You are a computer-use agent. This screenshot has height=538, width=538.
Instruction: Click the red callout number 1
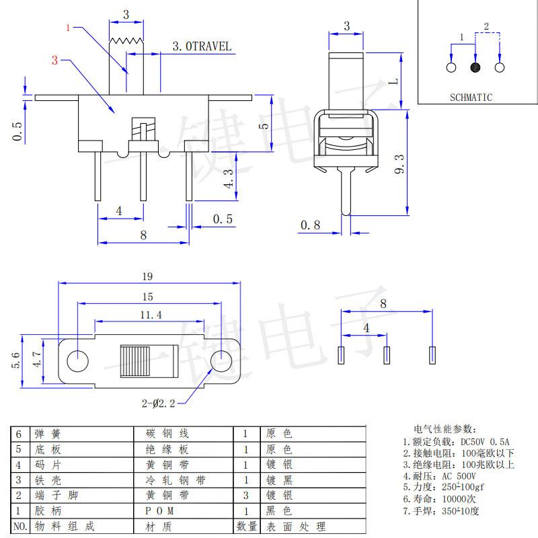point(68,28)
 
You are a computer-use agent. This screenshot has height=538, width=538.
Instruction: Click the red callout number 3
point(54,61)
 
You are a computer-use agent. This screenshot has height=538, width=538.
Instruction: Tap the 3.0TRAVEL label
point(202,46)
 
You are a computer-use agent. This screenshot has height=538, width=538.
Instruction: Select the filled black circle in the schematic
point(475,67)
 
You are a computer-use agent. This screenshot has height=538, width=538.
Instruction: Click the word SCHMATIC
point(471,98)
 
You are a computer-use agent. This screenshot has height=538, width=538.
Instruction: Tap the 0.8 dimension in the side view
point(310,225)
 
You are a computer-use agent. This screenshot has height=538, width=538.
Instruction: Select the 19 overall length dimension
point(148,276)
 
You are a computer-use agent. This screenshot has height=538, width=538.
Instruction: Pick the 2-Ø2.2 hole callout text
point(159,403)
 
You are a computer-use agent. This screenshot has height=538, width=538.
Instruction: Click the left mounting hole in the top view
point(78,360)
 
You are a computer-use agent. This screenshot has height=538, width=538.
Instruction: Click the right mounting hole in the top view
point(221,360)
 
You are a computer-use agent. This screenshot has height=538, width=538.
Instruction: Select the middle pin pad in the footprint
point(387,354)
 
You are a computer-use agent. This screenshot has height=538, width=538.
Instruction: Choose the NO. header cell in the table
point(20,527)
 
